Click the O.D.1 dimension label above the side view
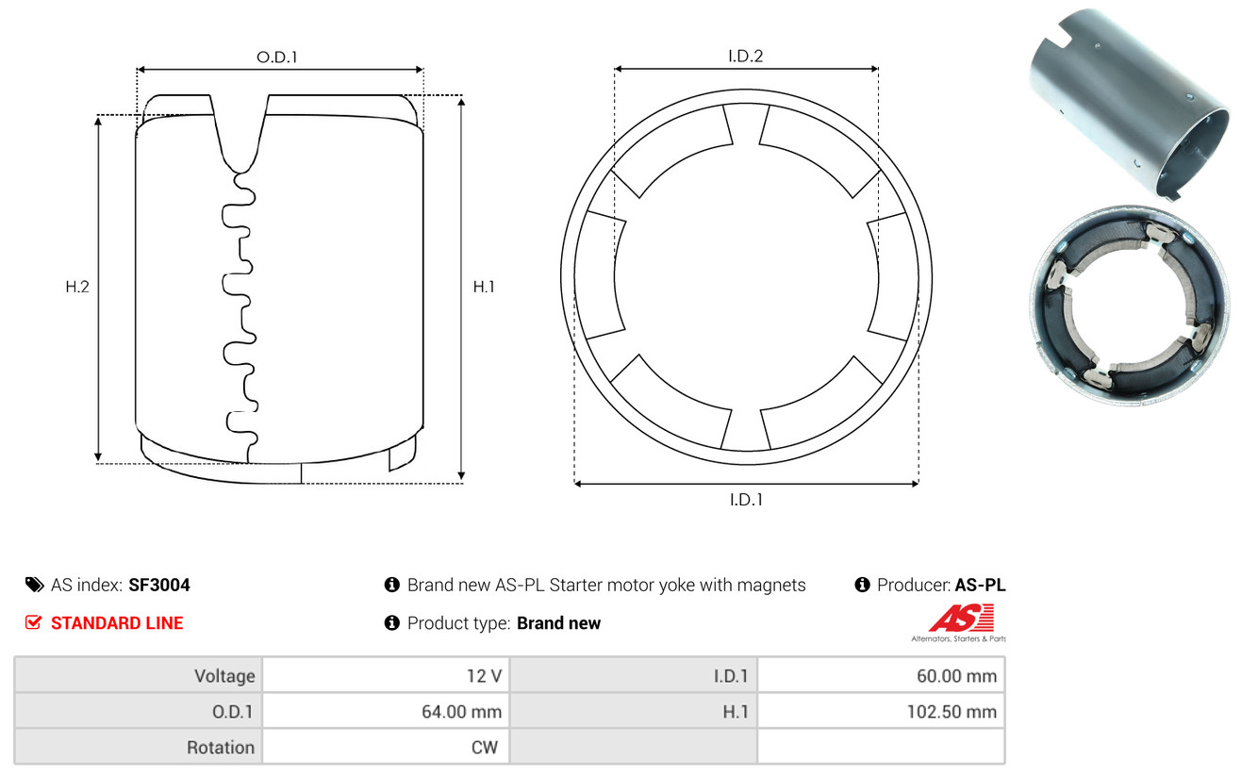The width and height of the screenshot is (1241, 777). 277,57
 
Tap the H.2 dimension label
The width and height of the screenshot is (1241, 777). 77,287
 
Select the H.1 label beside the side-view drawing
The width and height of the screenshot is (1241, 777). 484,287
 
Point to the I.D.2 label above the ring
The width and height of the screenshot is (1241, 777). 745,56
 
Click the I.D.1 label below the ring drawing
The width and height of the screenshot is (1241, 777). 746,500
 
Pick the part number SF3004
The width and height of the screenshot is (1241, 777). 159,585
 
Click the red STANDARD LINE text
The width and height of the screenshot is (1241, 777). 117,623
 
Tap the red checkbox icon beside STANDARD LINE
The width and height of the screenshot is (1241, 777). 33,622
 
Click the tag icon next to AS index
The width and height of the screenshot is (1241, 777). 34,585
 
